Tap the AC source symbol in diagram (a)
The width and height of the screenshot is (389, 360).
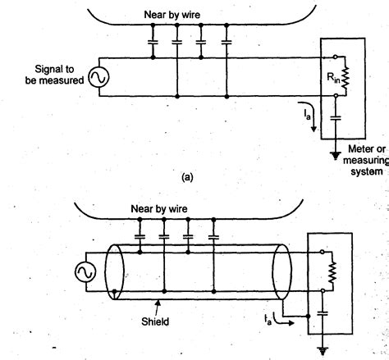click(95, 77)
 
